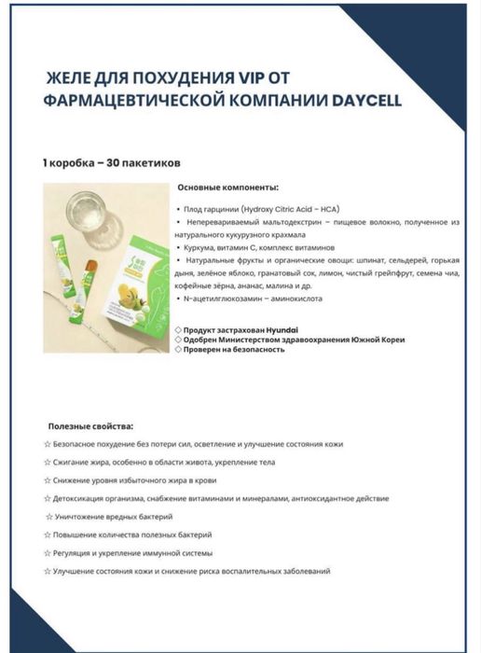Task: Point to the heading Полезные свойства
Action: tap(90, 426)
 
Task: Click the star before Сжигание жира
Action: tap(48, 463)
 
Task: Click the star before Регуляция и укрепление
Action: tap(48, 553)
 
